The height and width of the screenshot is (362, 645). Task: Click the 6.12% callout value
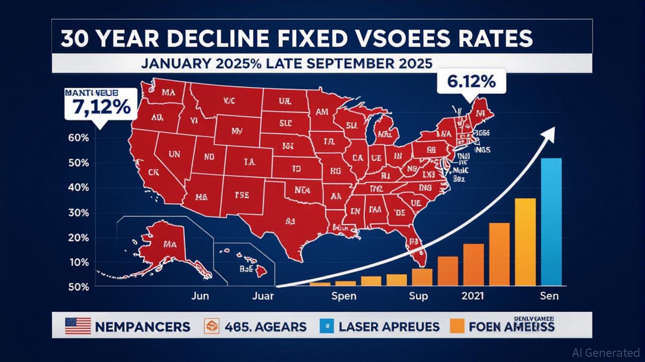[471, 82]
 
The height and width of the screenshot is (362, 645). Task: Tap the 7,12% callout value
[102, 107]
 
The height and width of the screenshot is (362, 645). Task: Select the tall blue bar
[551, 222]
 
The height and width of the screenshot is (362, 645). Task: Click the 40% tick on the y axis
[79, 188]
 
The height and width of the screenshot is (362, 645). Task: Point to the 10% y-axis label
[79, 262]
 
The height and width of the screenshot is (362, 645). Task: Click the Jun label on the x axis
[200, 296]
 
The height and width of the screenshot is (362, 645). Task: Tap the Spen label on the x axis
[344, 296]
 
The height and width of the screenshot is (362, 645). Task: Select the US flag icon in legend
[78, 326]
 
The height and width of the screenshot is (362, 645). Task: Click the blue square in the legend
[327, 325]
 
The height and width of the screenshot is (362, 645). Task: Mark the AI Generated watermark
[605, 352]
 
